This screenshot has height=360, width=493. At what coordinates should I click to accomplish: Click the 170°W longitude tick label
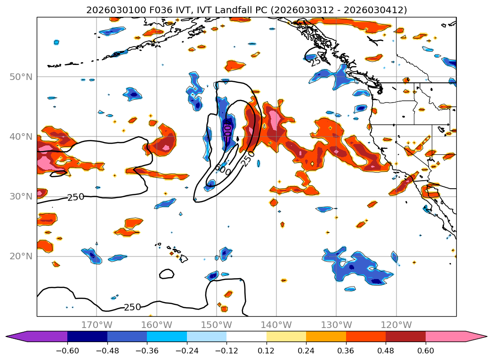(97, 325)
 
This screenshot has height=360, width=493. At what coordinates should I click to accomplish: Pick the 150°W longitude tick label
(216, 325)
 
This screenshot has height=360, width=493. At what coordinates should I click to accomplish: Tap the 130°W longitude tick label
(336, 325)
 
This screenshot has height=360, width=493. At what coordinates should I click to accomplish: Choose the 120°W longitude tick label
(396, 325)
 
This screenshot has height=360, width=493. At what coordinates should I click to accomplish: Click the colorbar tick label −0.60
(67, 351)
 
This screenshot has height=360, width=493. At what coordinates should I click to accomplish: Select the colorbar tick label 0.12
(267, 351)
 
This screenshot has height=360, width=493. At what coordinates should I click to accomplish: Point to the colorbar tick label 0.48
(386, 351)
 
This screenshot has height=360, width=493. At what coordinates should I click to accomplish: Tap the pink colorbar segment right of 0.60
(452, 336)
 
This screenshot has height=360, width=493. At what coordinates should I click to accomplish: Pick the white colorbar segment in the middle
(246, 336)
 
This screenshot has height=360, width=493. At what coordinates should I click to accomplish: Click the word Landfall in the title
(238, 10)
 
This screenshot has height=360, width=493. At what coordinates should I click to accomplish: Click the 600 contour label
(223, 169)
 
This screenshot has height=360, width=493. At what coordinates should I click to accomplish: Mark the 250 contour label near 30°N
(76, 197)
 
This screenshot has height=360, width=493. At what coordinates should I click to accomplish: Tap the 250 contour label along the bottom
(132, 307)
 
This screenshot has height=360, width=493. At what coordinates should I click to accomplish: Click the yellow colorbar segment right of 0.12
(286, 336)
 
